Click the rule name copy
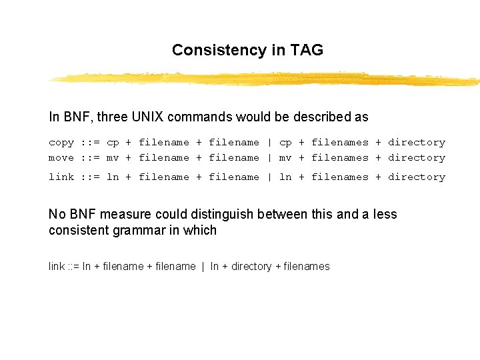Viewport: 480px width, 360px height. pyautogui.click(x=61, y=142)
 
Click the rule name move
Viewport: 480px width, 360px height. pyautogui.click(x=61, y=158)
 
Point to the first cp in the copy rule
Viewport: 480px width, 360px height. pyautogui.click(x=113, y=142)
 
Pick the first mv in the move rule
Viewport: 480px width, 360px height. pyautogui.click(x=113, y=158)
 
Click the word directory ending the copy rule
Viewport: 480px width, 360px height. pyautogui.click(x=417, y=142)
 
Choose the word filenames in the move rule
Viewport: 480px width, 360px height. pyautogui.click(x=340, y=158)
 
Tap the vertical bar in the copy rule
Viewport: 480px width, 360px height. pyautogui.click(x=269, y=142)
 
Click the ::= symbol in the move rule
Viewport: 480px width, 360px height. pyautogui.click(x=90, y=158)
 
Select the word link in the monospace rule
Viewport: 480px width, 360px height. pyautogui.click(x=61, y=177)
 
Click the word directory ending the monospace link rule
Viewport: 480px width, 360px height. pyautogui.click(x=417, y=177)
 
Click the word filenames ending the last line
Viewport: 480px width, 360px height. pyautogui.click(x=307, y=267)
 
